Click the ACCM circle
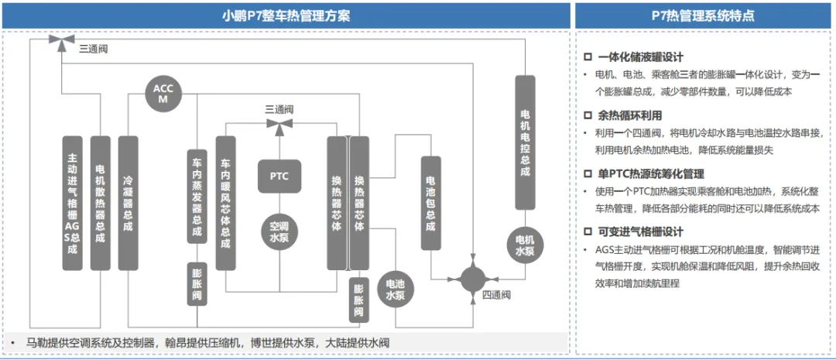tap(163, 94)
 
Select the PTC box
tap(279, 176)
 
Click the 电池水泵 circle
tap(396, 290)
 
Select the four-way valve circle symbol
tap(472, 279)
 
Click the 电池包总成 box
tap(431, 203)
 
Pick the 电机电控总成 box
tap(525, 142)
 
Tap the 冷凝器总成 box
tap(128, 203)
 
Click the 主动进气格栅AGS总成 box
tap(73, 203)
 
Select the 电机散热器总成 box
tap(100, 203)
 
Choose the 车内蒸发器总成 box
tap(197, 197)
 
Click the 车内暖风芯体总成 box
tap(225, 203)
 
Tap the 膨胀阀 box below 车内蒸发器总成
tap(197, 283)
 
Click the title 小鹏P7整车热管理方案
tap(286, 16)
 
